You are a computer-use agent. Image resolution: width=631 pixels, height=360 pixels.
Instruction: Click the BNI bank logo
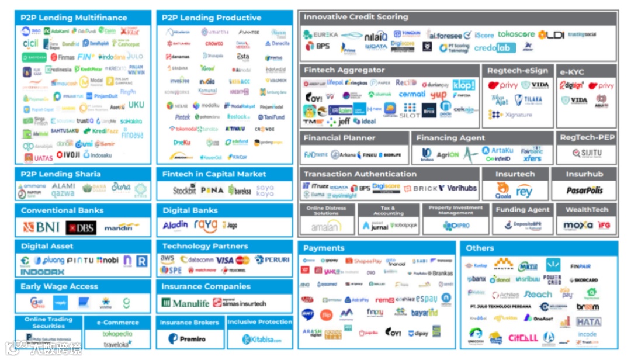[41, 227]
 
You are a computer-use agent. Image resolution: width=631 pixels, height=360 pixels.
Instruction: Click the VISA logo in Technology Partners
[224, 260]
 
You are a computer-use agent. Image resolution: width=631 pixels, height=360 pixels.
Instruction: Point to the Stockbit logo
[185, 190]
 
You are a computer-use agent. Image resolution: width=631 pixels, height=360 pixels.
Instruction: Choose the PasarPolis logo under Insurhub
[584, 191]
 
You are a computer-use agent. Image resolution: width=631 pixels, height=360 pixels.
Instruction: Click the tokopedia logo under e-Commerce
[117, 334]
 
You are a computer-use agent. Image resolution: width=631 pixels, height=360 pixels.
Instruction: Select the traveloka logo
[117, 345]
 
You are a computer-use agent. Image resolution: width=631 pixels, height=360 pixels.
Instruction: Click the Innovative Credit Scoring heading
[356, 17]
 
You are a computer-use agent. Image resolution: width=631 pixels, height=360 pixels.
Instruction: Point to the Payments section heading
[324, 248]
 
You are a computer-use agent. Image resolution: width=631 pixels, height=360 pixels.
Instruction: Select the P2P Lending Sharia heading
[61, 174]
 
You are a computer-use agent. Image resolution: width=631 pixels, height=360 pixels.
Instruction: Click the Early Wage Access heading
[59, 286]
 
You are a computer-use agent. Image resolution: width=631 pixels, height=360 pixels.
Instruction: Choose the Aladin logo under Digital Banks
[175, 226]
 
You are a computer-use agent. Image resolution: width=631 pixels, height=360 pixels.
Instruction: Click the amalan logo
[326, 226]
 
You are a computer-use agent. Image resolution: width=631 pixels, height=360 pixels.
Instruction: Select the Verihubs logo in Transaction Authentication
[462, 188]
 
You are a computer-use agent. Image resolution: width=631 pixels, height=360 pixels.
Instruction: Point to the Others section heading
[480, 248]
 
